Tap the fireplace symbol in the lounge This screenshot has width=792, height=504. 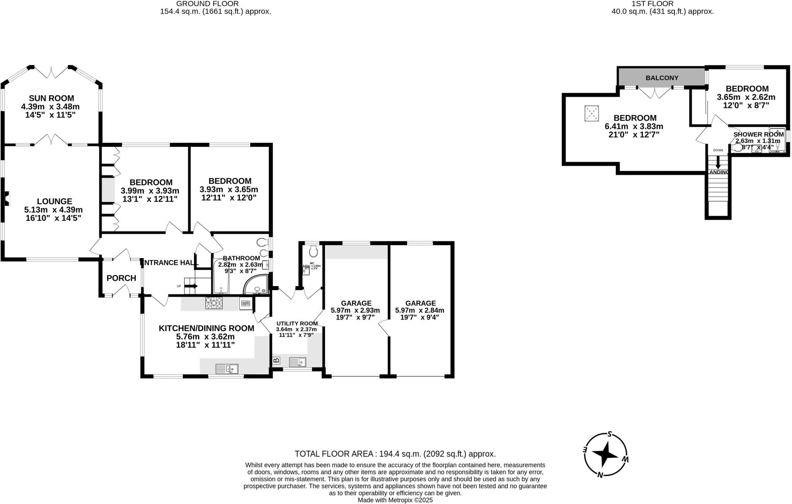[7, 198]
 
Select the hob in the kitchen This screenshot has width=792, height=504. [214, 303]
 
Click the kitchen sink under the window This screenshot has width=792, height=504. [227, 369]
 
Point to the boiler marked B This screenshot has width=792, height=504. [276, 361]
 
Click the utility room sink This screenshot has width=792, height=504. [297, 362]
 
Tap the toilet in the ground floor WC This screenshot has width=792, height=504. [313, 252]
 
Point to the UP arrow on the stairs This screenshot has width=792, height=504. [191, 286]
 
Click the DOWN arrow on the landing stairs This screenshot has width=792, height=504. [718, 161]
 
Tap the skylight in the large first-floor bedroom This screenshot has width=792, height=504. [591, 113]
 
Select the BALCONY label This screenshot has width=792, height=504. [662, 78]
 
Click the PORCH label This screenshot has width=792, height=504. [121, 278]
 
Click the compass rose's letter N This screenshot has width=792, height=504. [600, 475]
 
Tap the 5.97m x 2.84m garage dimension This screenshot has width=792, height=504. [420, 310]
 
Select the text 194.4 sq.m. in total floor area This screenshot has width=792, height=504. [400, 454]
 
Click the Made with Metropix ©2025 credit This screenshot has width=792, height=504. [395, 500]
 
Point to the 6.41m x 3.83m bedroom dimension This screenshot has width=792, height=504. [634, 127]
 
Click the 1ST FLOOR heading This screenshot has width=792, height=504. [662, 4]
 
